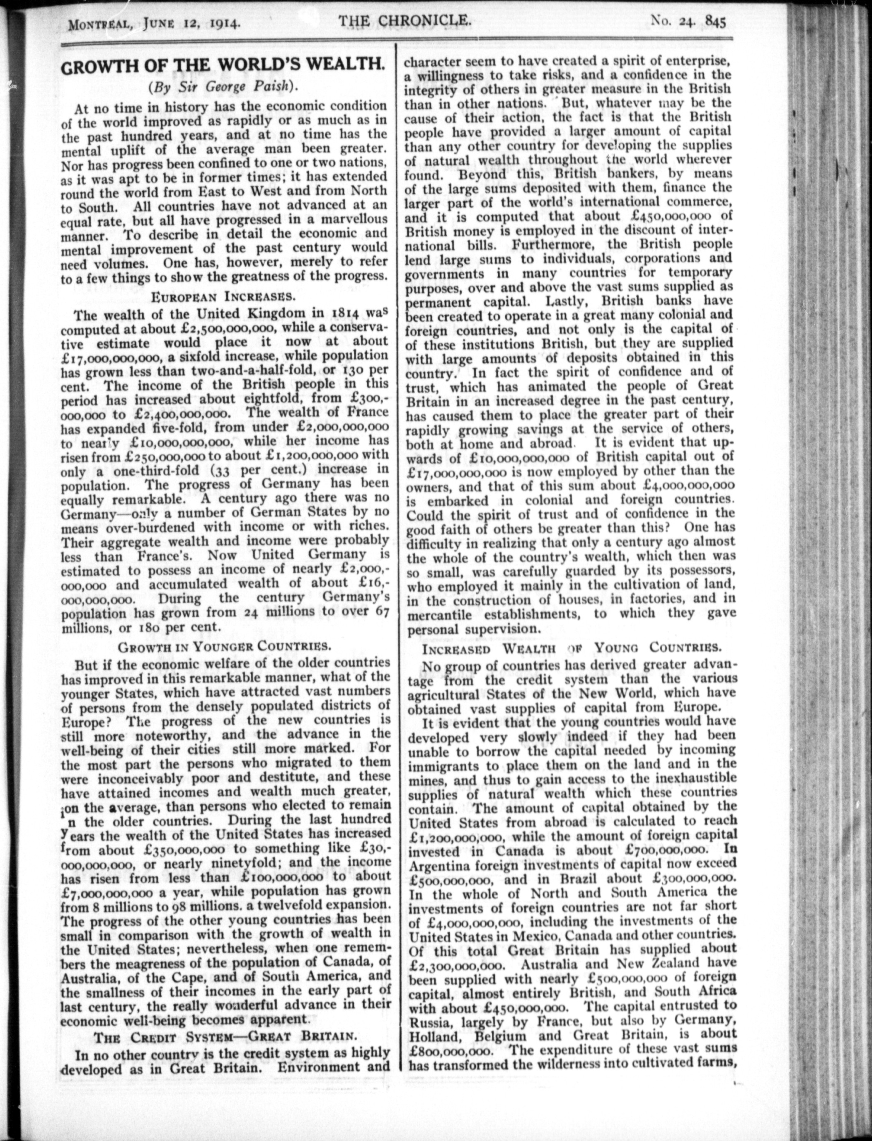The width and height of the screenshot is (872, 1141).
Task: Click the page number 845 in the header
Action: coord(715,22)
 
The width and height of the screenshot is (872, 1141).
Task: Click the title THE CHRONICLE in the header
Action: coord(405,21)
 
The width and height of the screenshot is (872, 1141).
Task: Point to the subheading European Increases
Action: coord(224,296)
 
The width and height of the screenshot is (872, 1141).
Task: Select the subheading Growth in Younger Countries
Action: coord(224,647)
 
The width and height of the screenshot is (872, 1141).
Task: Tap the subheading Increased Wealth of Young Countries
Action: coord(571,648)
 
